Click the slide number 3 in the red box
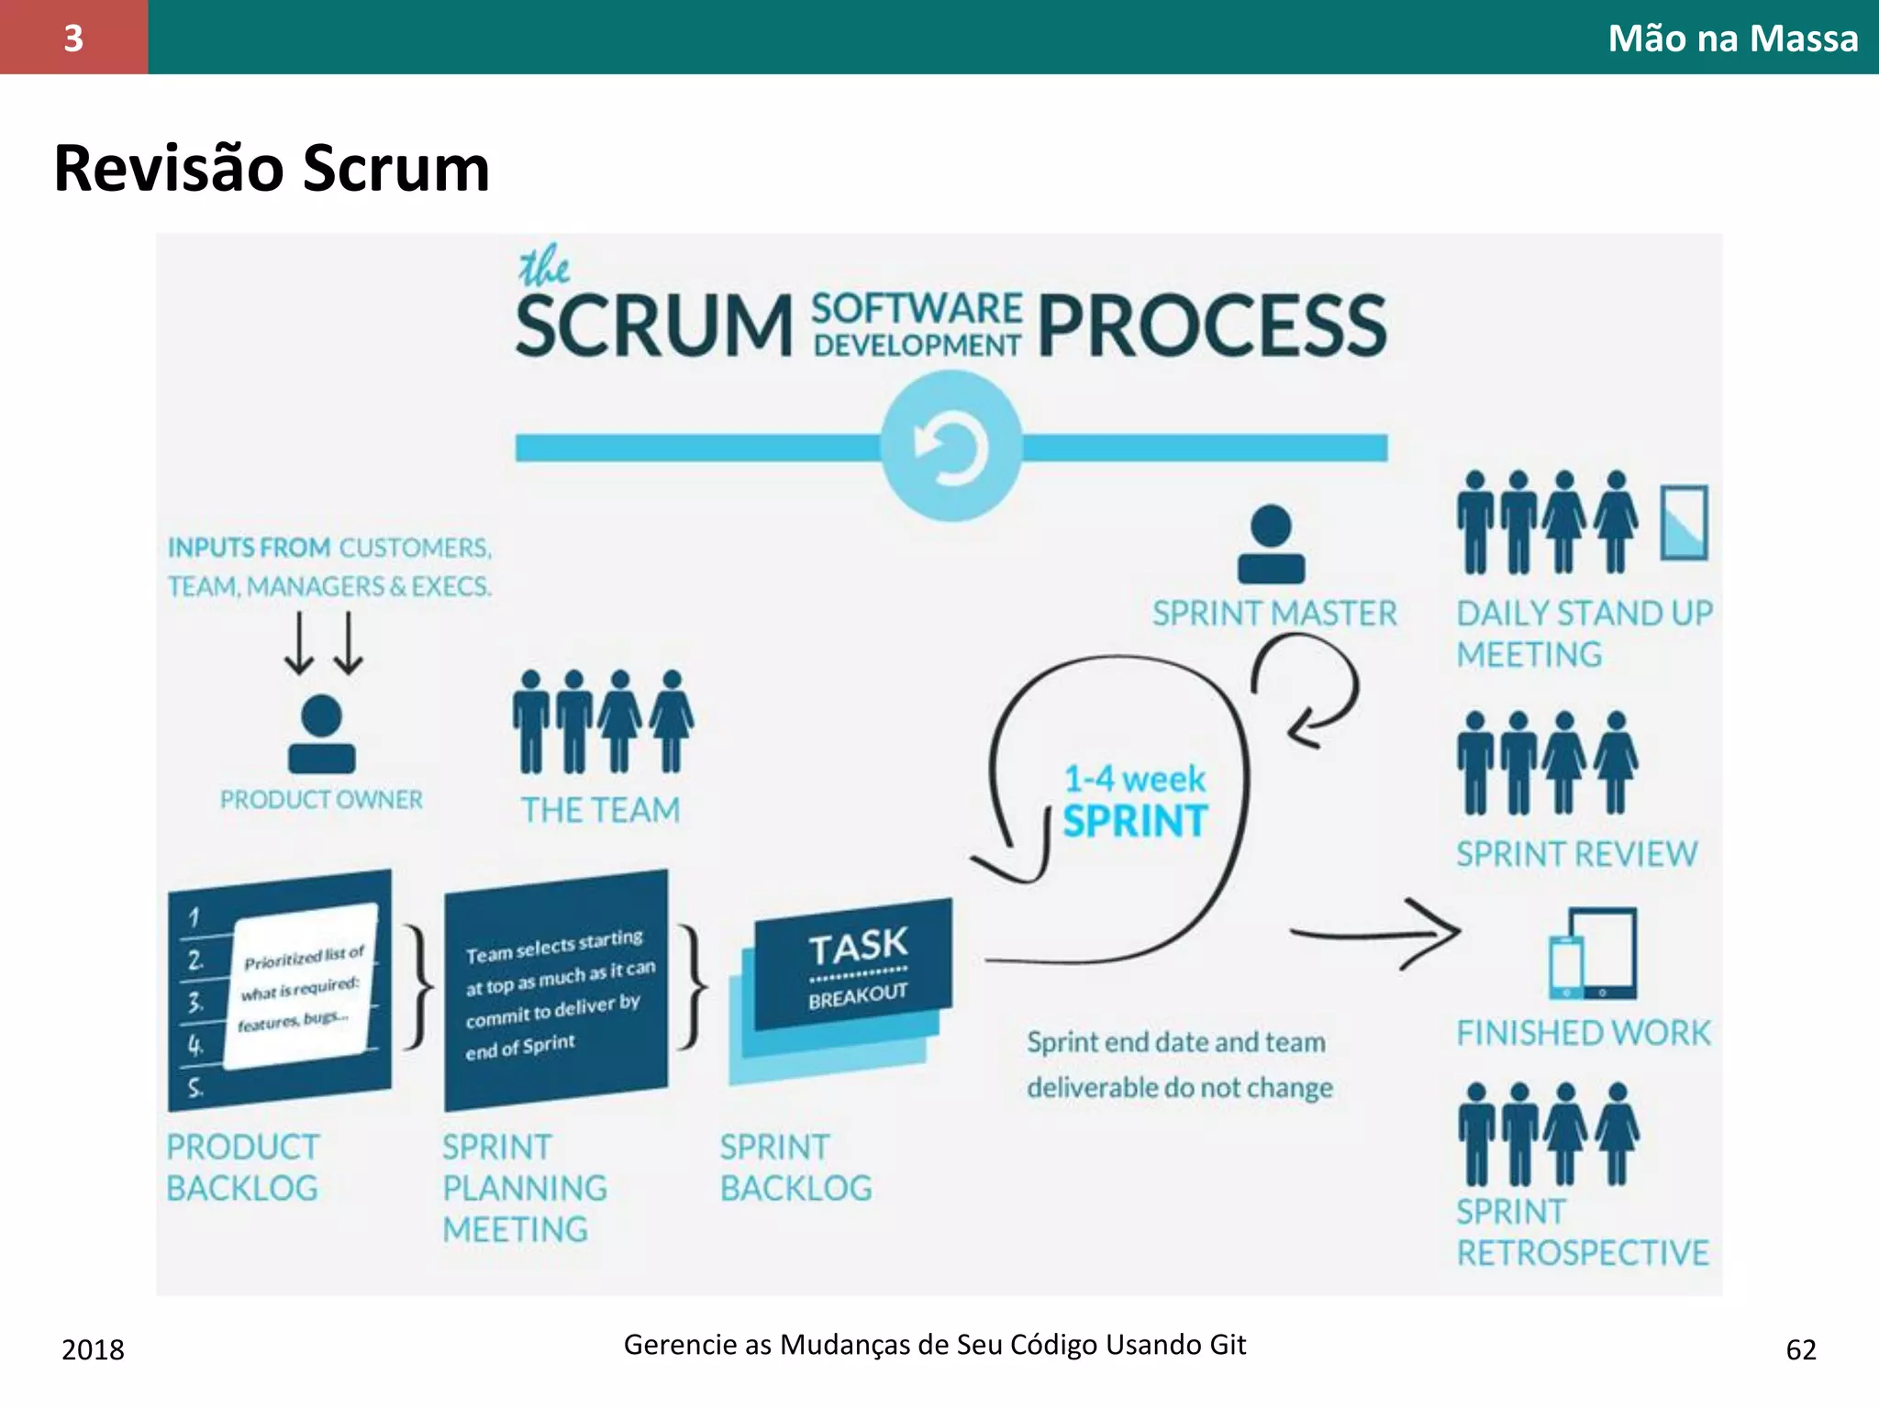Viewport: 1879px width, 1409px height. click(73, 38)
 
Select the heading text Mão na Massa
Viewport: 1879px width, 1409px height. click(1732, 39)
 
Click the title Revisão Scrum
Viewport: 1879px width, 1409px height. click(272, 169)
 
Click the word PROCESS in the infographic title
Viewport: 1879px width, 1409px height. click(1211, 327)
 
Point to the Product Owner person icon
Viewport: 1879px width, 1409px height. click(321, 734)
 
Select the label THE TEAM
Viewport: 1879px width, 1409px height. click(601, 811)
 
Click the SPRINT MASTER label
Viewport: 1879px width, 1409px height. click(1274, 614)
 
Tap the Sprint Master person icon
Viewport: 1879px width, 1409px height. click(1271, 545)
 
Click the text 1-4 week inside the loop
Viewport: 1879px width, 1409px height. click(1134, 780)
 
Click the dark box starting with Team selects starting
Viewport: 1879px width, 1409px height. click(556, 991)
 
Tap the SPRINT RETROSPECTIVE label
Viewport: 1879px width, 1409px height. click(1582, 1232)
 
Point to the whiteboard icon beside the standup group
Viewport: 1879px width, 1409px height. click(1684, 523)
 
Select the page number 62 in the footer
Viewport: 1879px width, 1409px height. click(1800, 1349)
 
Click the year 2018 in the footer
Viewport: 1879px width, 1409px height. click(93, 1349)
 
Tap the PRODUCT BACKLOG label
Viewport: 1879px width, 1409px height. click(243, 1168)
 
